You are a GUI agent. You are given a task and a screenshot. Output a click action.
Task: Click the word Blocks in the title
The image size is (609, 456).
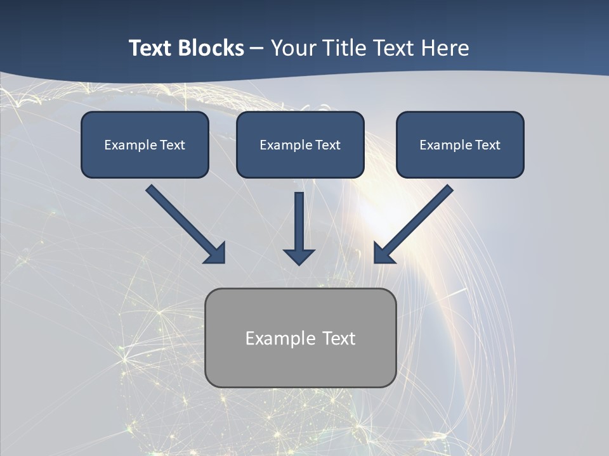pos(210,48)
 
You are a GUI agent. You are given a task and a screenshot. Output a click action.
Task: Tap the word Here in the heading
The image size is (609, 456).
pos(445,48)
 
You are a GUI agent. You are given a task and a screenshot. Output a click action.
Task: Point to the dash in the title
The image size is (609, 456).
pos(257,49)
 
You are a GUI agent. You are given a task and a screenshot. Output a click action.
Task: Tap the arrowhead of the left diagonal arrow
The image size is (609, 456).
pos(216,254)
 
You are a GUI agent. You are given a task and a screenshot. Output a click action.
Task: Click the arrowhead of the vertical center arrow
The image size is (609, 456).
pos(299,256)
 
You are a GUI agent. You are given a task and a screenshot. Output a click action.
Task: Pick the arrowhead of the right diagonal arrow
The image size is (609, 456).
pos(383,254)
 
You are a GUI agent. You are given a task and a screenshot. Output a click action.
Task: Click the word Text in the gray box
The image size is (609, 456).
pos(339,338)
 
